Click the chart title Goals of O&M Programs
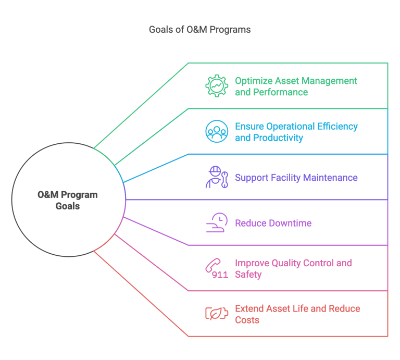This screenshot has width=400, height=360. [199, 30]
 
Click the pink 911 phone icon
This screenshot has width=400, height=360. [216, 269]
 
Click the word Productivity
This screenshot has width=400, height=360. [279, 138]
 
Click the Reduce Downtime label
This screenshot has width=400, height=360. [273, 224]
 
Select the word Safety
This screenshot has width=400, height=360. [248, 274]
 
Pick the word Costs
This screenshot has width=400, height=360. [247, 320]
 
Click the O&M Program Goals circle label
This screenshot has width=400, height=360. [68, 200]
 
